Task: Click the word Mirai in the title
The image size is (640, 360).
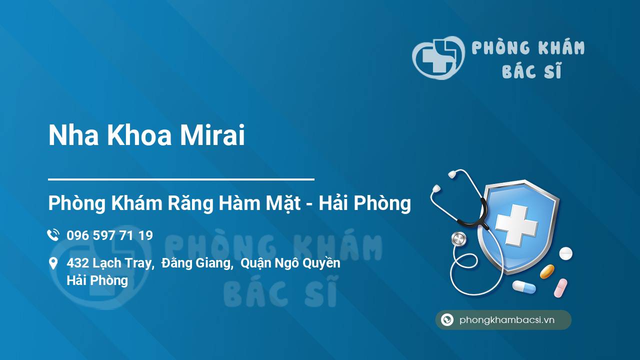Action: [212, 135]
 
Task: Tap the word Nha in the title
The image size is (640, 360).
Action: [73, 135]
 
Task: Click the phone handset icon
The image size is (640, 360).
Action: [53, 235]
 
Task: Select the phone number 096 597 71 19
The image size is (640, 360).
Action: [109, 235]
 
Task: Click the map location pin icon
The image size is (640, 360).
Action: [53, 263]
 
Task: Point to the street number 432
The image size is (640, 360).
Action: [78, 263]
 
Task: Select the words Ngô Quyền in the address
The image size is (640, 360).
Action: [307, 263]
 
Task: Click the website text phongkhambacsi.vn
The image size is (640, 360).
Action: [507, 320]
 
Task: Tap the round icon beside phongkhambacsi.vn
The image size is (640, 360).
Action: [447, 319]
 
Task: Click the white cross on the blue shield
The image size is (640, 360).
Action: [516, 225]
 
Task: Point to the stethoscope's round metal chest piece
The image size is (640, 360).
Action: [458, 239]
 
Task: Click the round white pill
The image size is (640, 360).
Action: [565, 253]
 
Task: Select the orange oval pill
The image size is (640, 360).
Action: [547, 271]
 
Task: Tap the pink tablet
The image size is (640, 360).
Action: [560, 288]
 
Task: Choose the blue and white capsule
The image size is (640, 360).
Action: [524, 287]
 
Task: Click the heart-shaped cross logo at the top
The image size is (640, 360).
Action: [438, 57]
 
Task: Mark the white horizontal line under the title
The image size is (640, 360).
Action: [181, 179]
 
